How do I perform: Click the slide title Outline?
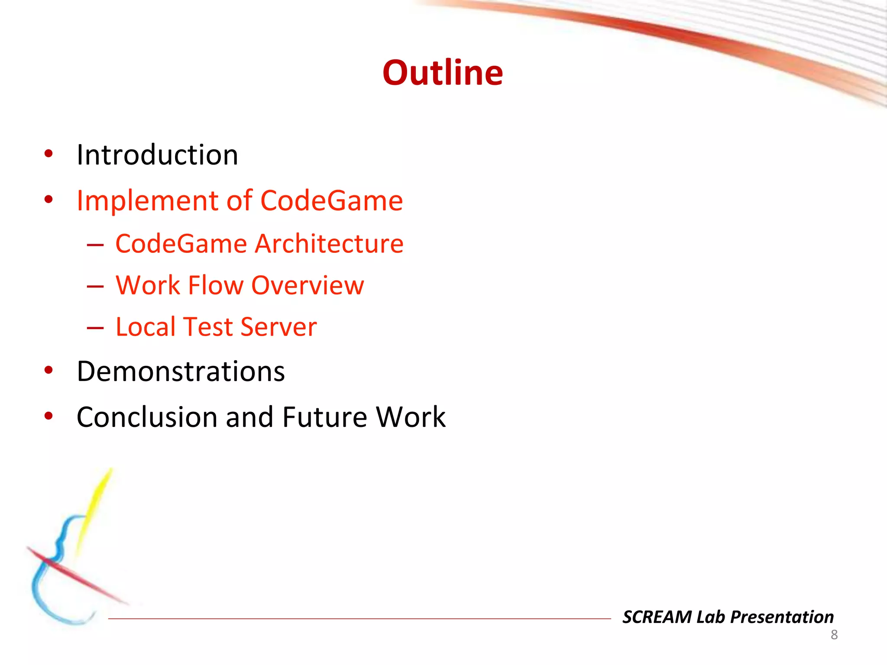click(443, 73)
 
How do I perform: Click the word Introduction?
click(157, 155)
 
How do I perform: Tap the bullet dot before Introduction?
click(49, 154)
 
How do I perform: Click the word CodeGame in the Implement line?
click(332, 201)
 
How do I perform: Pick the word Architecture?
click(329, 244)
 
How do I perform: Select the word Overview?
click(308, 285)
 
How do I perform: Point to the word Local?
click(145, 327)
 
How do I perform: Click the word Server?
click(278, 327)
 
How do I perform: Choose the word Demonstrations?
click(181, 371)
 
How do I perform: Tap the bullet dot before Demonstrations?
click(49, 371)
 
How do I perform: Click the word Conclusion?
click(147, 417)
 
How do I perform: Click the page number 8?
click(834, 635)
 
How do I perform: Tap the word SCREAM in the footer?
click(657, 617)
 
